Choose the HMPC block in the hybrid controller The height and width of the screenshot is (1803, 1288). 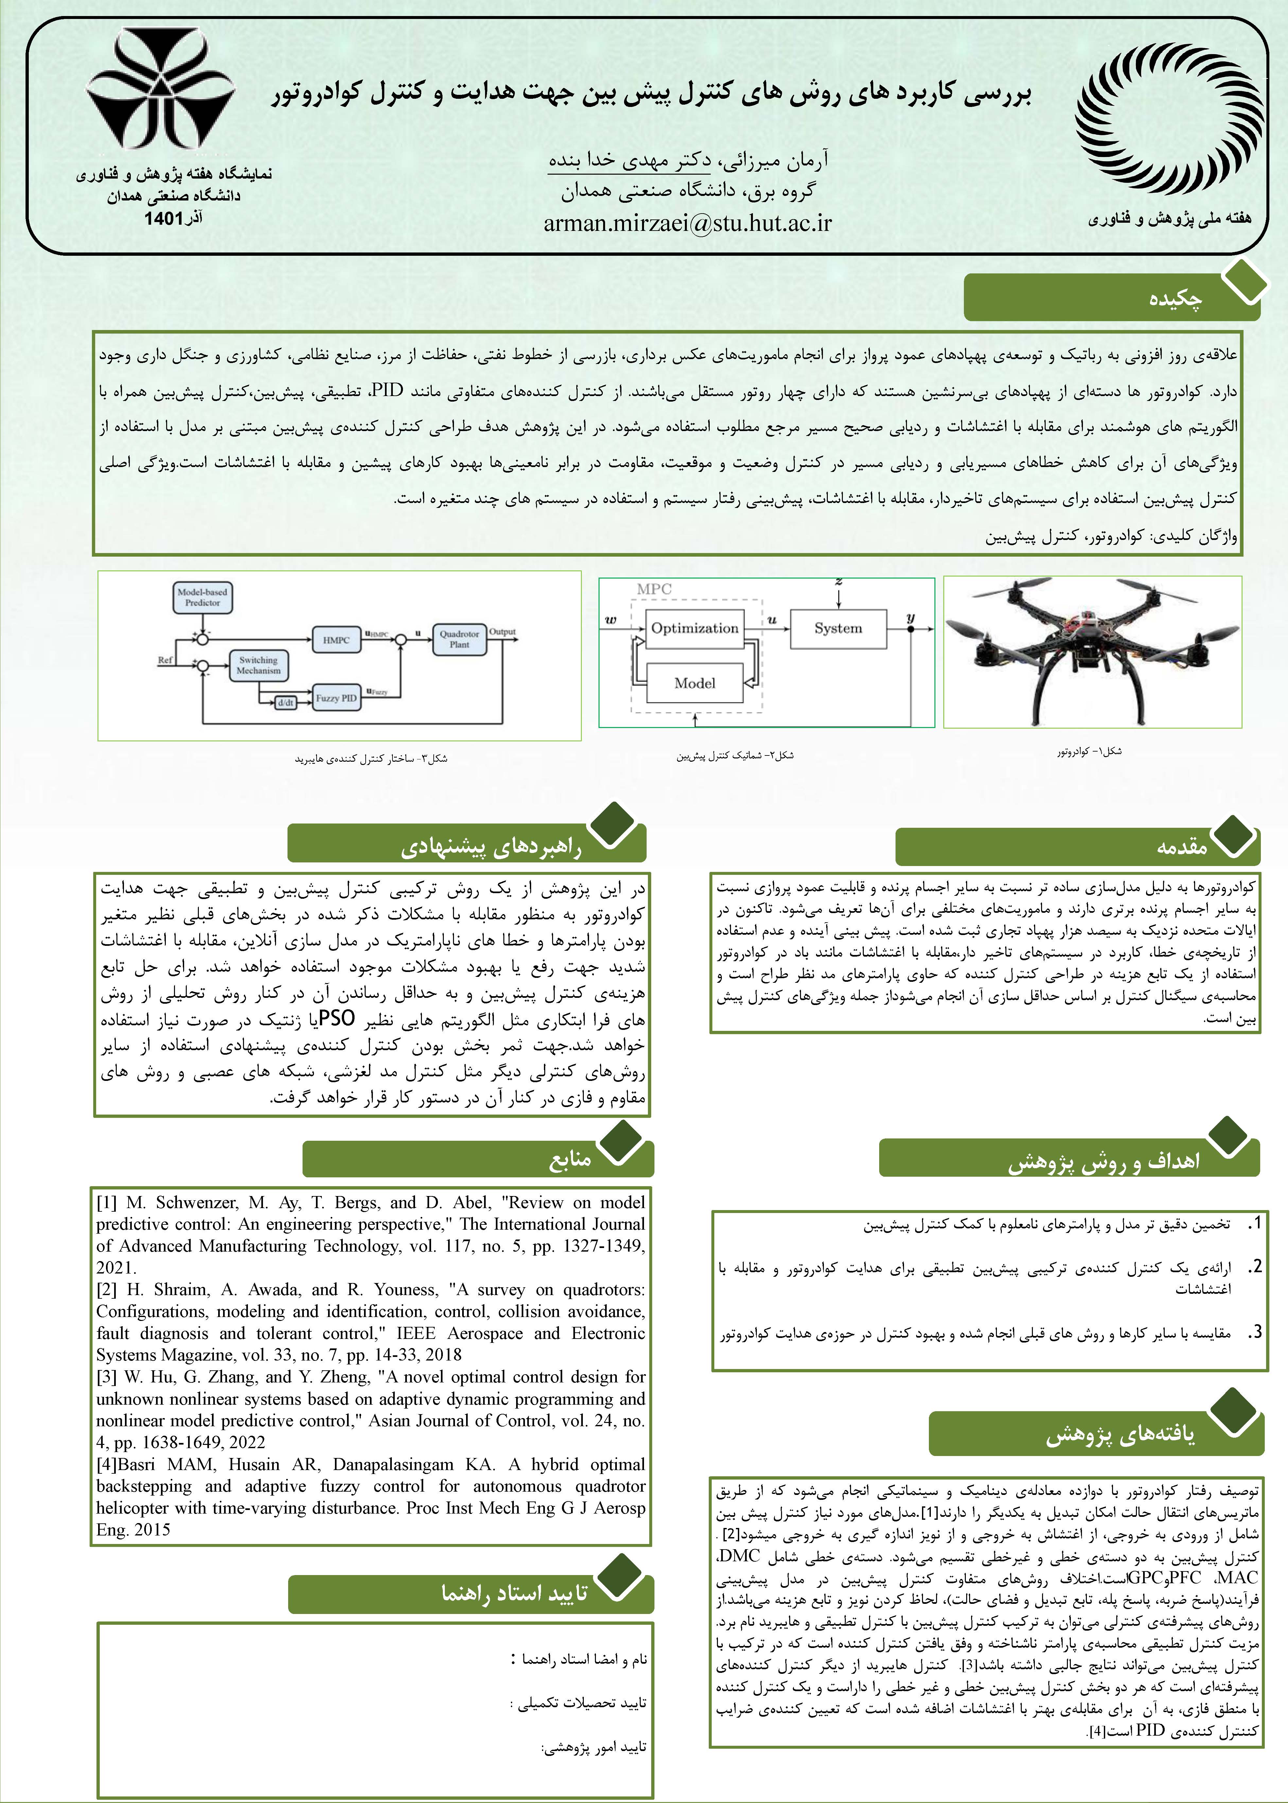pos(336,639)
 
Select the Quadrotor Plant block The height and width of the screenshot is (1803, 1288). pos(459,639)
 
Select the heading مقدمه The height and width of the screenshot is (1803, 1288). pos(1182,847)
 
